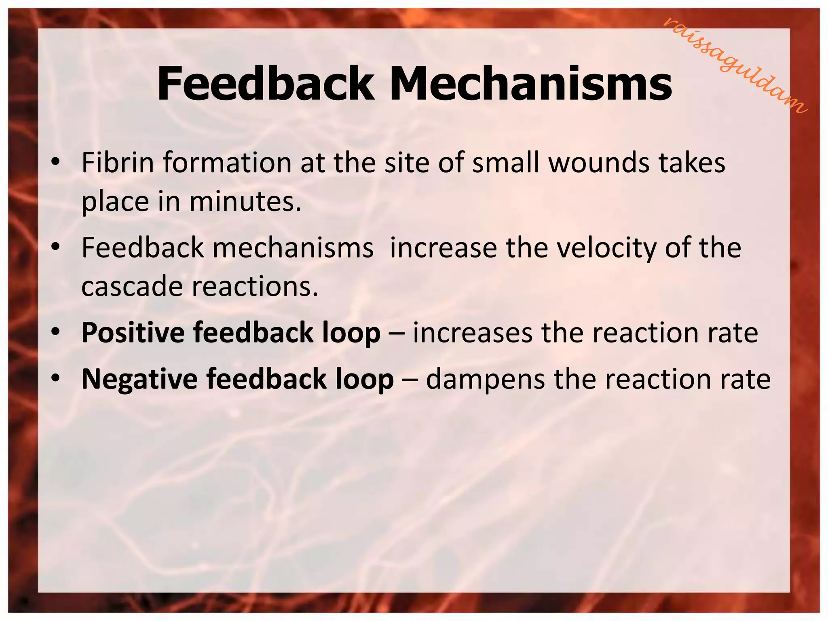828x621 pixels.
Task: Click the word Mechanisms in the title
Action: pos(530,84)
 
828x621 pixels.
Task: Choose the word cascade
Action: pos(132,286)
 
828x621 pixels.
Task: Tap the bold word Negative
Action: pos(139,379)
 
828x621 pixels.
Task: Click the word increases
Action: pos(472,333)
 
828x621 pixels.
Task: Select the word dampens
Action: pos(485,379)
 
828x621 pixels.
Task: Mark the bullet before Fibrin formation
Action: pos(56,163)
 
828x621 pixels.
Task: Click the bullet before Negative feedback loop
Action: pos(56,378)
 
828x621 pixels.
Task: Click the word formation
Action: pos(227,163)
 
